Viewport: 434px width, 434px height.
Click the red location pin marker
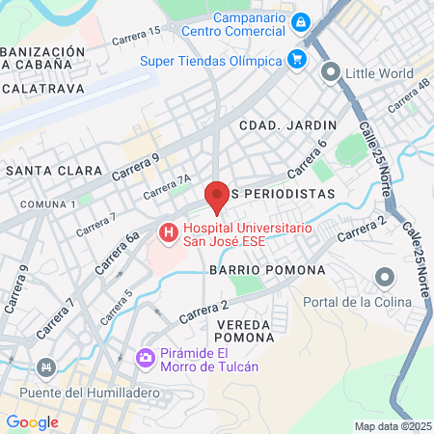point(217,196)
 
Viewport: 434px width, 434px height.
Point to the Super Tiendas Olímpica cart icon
point(297,61)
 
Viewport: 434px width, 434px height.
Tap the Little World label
point(382,71)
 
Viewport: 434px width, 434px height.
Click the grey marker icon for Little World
point(331,71)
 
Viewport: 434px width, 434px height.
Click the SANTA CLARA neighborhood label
point(54,171)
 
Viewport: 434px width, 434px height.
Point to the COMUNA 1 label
point(48,204)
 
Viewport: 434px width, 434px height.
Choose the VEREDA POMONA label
point(244,331)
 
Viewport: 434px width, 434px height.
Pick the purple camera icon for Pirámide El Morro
point(147,358)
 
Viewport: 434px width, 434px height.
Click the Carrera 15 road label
point(136,37)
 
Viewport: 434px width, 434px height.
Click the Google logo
point(32,421)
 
